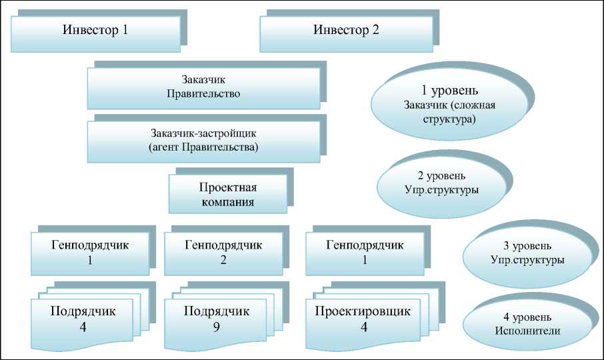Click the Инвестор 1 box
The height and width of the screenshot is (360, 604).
click(x=95, y=31)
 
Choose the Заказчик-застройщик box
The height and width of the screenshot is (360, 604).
click(x=204, y=139)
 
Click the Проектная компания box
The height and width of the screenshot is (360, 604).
click(x=227, y=194)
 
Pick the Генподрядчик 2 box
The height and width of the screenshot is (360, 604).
click(x=223, y=253)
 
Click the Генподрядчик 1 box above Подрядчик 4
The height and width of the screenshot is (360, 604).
click(x=89, y=253)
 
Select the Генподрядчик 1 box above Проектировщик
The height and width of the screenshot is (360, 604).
click(x=365, y=253)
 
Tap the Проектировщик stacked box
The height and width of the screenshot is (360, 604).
click(x=364, y=319)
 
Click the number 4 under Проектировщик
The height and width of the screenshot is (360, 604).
click(x=363, y=327)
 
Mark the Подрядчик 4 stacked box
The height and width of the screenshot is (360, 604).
click(x=83, y=319)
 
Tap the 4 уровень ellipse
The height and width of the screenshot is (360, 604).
click(x=527, y=323)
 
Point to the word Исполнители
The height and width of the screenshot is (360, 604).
click(x=527, y=331)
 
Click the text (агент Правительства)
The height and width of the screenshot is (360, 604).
click(x=204, y=147)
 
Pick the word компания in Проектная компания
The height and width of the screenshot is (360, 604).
click(x=227, y=202)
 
